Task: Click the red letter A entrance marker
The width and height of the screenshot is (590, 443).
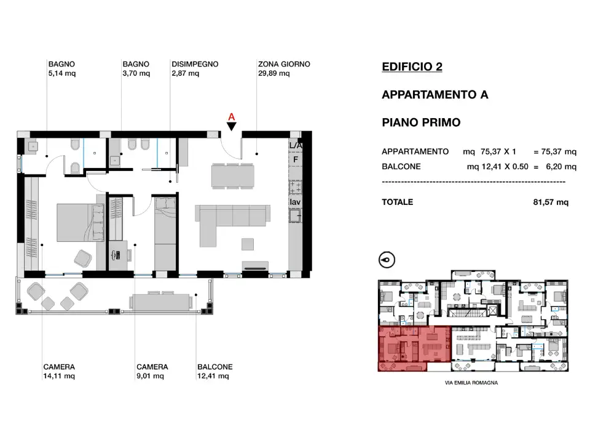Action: click(x=231, y=116)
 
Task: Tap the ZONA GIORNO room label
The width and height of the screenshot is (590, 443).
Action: click(x=283, y=64)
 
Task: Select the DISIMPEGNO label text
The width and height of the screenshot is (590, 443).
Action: click(x=195, y=64)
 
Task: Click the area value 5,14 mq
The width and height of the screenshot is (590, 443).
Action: click(x=61, y=73)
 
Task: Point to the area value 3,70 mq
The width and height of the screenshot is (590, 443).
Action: click(x=136, y=73)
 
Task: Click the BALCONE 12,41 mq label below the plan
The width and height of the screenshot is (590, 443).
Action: click(x=214, y=371)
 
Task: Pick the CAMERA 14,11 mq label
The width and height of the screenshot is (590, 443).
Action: click(x=59, y=371)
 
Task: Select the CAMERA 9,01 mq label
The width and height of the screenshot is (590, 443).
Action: click(x=152, y=371)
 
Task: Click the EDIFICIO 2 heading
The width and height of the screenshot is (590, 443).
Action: click(x=412, y=67)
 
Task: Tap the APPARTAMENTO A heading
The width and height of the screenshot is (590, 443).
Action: click(x=435, y=95)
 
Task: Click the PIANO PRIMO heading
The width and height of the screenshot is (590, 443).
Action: click(x=421, y=122)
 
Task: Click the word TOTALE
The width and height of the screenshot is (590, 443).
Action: click(x=398, y=202)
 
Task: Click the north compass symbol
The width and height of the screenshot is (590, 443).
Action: click(x=387, y=260)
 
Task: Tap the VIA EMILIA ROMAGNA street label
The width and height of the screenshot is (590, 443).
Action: click(x=471, y=383)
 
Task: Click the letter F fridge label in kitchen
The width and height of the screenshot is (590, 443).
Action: click(x=295, y=160)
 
